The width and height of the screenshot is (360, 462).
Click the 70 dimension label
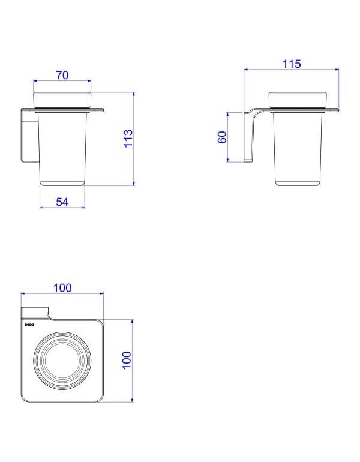62,76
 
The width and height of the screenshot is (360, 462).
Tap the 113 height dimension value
128,138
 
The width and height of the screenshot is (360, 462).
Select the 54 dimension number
62,202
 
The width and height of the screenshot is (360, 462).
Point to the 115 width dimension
292,64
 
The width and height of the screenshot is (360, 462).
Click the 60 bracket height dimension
222,137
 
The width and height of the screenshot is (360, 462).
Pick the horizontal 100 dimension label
62,288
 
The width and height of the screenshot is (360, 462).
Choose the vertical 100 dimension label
127,360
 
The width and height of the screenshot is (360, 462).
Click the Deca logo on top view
29,325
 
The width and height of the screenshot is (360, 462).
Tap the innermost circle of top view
62,360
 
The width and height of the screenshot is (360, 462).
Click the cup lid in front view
62,100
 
